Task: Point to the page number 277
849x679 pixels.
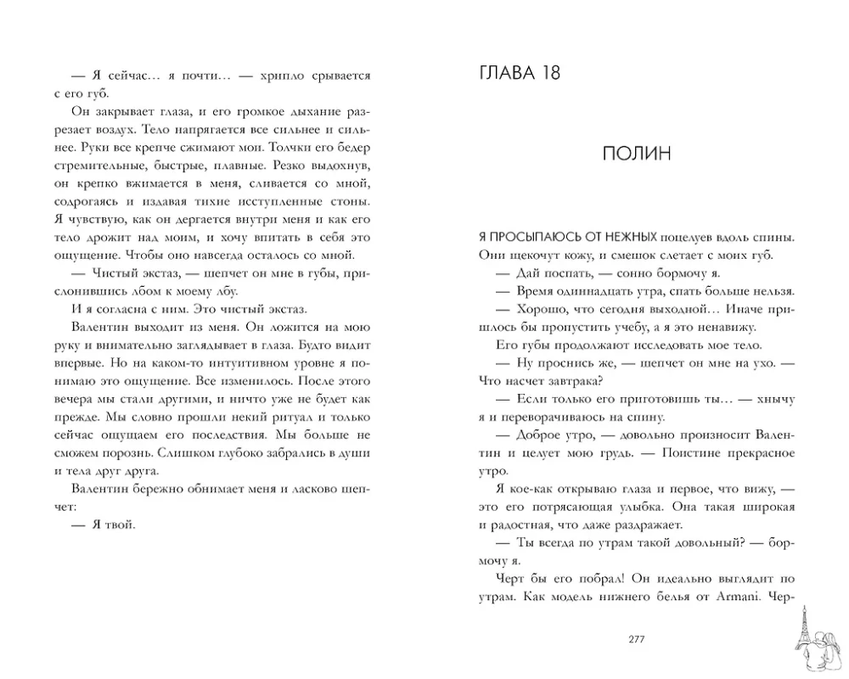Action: point(638,639)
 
